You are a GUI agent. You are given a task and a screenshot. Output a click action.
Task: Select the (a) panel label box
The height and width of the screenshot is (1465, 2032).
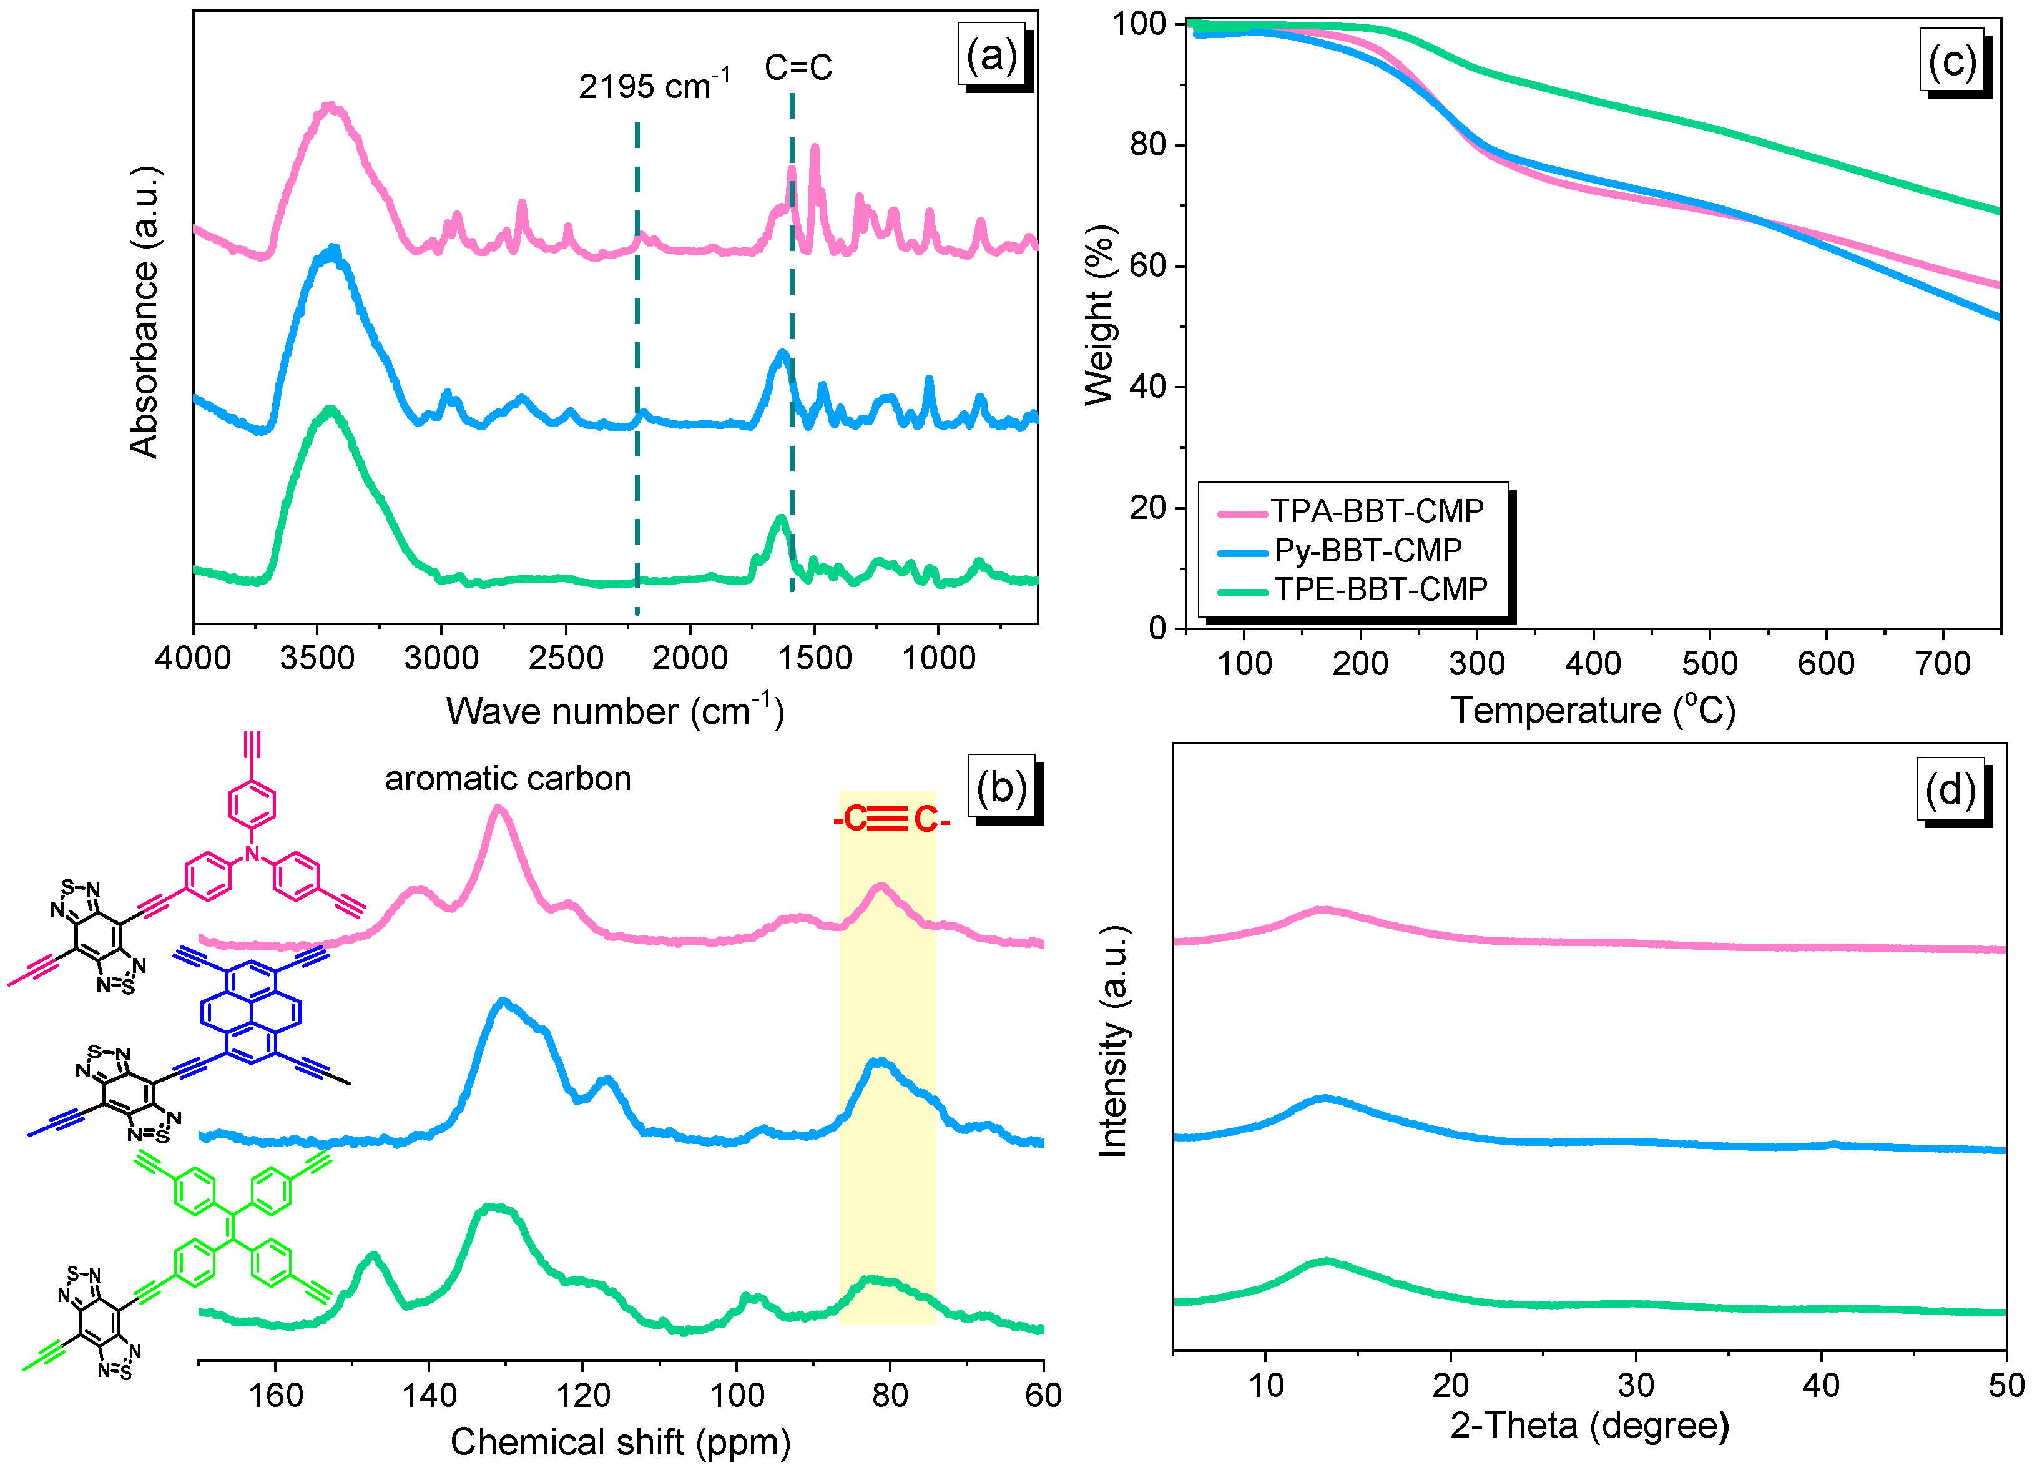pyautogui.click(x=992, y=56)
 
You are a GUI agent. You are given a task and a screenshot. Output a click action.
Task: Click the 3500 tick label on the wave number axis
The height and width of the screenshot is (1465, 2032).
pyautogui.click(x=317, y=659)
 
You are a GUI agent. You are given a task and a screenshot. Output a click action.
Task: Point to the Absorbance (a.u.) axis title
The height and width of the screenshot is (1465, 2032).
pyautogui.click(x=144, y=312)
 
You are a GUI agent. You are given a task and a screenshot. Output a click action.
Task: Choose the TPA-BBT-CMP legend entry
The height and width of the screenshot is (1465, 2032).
pyautogui.click(x=1376, y=511)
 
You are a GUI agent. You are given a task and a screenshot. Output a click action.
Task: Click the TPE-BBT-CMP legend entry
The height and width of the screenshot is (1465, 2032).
pyautogui.click(x=1380, y=589)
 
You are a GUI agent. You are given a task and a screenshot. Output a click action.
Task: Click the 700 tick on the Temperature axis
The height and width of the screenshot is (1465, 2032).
pyautogui.click(x=1941, y=663)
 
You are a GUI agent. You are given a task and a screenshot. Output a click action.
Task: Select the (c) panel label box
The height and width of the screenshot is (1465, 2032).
pyautogui.click(x=1951, y=61)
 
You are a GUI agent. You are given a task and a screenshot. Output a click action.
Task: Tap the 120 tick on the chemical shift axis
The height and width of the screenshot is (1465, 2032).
pyautogui.click(x=582, y=1395)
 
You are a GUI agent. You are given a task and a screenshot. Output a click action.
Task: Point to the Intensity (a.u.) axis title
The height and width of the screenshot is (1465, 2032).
pyautogui.click(x=1112, y=1042)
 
